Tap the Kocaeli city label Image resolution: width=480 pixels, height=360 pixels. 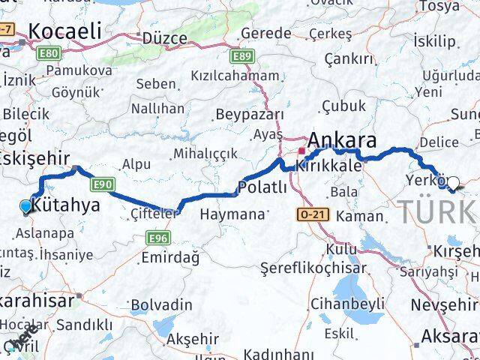point(64,33)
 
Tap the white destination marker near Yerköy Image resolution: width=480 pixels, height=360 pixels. point(453,182)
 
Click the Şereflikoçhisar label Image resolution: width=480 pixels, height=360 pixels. point(313,268)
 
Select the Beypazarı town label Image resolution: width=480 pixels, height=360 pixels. point(250,114)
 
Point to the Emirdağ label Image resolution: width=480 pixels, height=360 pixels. point(169,257)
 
